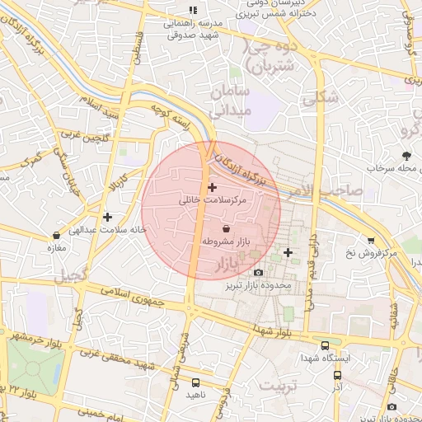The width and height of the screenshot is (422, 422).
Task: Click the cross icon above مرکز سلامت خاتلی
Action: [x=213, y=187]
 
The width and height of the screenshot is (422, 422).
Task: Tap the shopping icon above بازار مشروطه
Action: [x=227, y=227]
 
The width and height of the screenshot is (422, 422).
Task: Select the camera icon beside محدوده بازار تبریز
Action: [x=259, y=272]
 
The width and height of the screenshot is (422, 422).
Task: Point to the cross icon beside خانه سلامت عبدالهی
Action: [x=105, y=217]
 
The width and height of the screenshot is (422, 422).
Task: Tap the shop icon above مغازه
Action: [x=56, y=235]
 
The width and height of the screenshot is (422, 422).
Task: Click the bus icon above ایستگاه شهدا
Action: [x=326, y=346]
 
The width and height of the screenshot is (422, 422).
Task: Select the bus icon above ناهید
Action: [x=195, y=382]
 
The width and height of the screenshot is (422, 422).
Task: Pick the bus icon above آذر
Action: [x=337, y=375]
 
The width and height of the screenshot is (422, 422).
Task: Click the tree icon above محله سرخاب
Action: [x=406, y=155]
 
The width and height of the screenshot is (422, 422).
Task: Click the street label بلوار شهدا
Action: [x=272, y=331]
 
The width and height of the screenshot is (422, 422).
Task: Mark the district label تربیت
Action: [x=277, y=385]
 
